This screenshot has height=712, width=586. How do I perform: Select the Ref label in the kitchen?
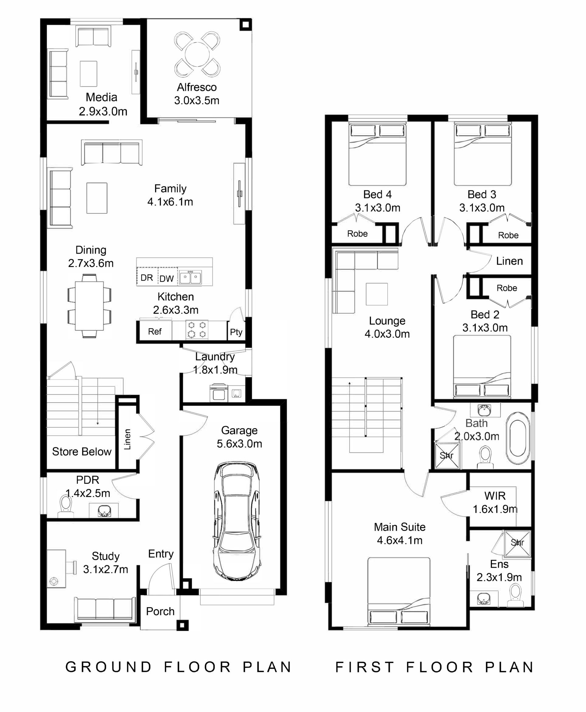click(155, 332)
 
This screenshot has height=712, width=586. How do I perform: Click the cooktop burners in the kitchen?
click(197, 330)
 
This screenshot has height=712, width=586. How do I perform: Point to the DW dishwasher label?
click(166, 278)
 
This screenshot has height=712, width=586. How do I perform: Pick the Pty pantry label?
click(236, 332)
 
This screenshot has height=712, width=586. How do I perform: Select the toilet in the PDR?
click(65, 506)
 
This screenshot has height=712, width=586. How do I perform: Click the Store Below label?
click(82, 452)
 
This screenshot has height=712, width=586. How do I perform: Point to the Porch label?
click(160, 611)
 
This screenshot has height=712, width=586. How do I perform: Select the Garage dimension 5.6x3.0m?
click(239, 444)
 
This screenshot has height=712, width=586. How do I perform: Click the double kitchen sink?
click(190, 278)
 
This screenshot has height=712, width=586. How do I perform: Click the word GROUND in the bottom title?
click(108, 667)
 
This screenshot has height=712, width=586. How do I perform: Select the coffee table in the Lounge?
click(377, 294)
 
